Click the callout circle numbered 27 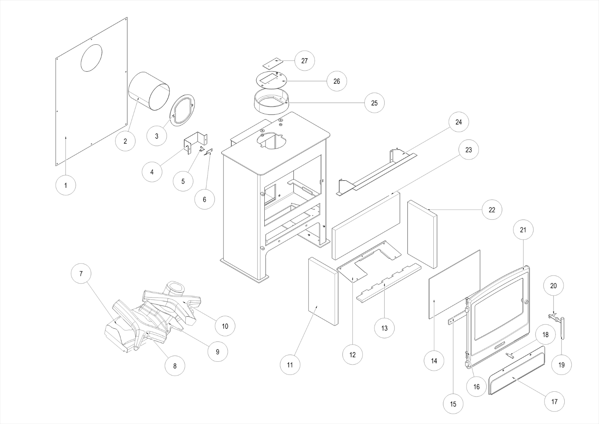[305, 61]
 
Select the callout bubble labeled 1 [66, 185]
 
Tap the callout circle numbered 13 [384, 328]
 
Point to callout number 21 [523, 230]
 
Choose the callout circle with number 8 [175, 365]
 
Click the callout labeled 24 [458, 122]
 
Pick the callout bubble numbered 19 [561, 365]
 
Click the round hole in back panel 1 [91, 58]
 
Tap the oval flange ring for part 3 [182, 110]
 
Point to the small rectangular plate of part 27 [272, 63]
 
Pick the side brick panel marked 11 [323, 291]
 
